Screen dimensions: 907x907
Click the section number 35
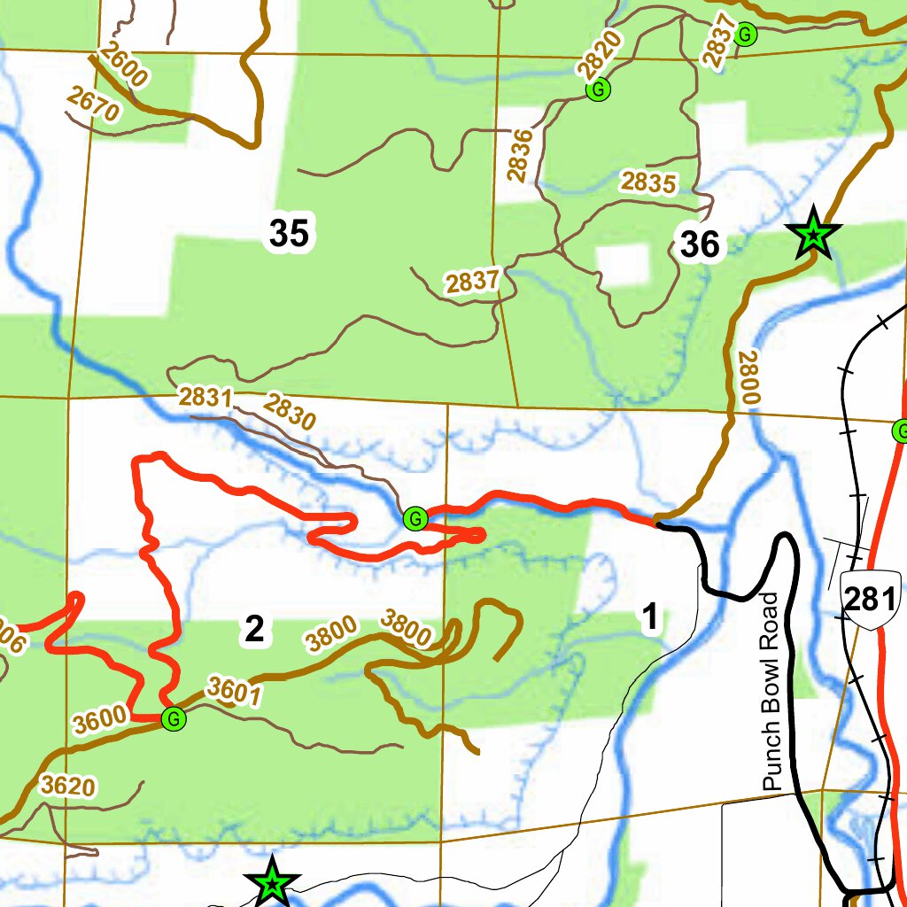(289, 234)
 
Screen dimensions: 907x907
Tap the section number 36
(700, 245)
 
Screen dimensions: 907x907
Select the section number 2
(254, 630)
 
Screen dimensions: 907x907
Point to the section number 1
(650, 618)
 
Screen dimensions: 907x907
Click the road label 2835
(647, 182)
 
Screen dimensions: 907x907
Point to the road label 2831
(205, 398)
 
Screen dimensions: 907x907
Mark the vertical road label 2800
(749, 378)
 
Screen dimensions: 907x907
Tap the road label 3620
(67, 786)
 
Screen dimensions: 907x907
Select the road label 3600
(99, 720)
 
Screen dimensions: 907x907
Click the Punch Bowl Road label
(771, 692)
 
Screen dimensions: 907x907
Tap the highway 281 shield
(871, 601)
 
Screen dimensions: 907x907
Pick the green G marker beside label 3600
(174, 720)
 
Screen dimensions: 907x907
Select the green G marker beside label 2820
(600, 89)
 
